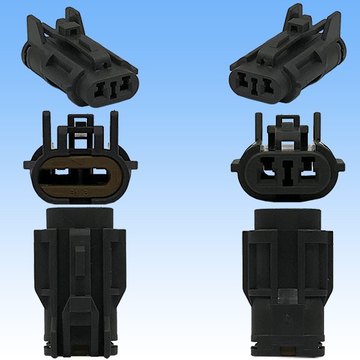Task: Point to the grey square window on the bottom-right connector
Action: click(284, 295)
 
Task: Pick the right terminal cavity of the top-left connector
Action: click(124, 85)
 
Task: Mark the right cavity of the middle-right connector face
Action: click(310, 172)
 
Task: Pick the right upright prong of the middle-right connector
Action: click(325, 132)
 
